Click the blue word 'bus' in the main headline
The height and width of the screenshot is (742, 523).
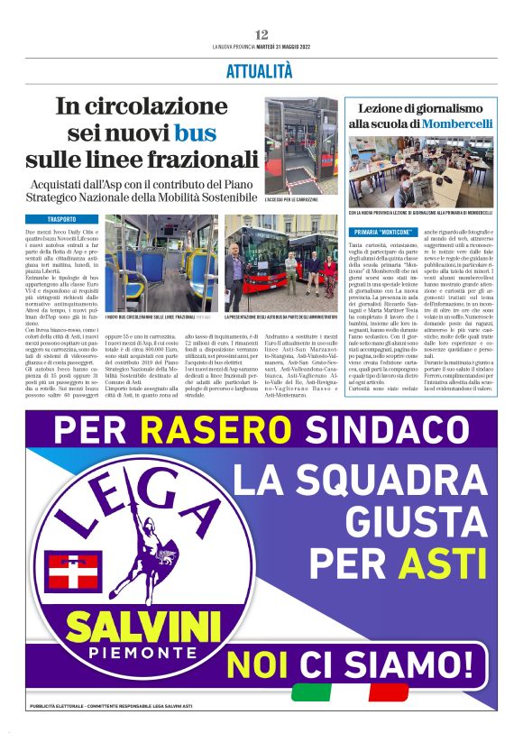tap(196, 133)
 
